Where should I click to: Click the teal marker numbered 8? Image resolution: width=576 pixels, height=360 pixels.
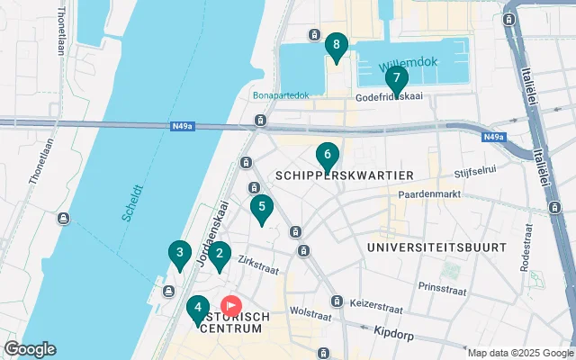[x=336, y=46]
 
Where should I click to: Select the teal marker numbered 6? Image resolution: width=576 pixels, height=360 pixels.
[x=328, y=156]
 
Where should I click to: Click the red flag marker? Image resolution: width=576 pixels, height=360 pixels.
[x=230, y=306]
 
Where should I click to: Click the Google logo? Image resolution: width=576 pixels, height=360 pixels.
[x=30, y=349]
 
